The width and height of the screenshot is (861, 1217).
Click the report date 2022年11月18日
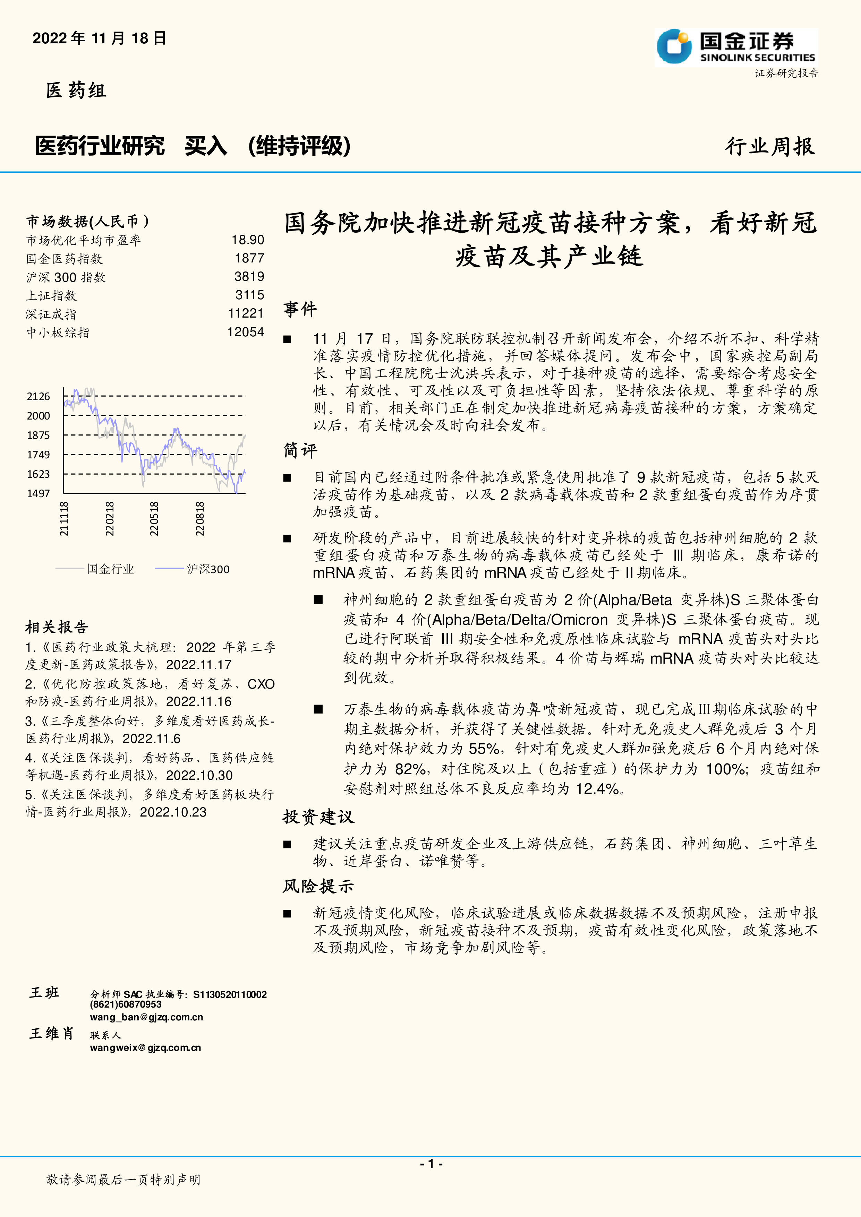(100, 38)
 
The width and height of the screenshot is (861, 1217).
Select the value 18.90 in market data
(248, 240)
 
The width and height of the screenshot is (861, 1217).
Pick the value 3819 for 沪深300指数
(249, 277)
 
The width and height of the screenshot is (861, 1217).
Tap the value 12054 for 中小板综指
(246, 333)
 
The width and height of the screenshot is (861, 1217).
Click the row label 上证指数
(51, 296)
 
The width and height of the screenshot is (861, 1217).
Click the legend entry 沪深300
(208, 569)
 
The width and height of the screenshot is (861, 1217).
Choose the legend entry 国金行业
(110, 569)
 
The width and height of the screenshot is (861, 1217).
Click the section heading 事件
(300, 309)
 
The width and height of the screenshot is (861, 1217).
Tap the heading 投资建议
(318, 817)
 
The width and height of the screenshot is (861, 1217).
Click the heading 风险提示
(318, 886)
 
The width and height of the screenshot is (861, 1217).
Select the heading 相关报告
(57, 628)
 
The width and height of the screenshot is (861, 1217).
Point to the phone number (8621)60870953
(126, 1004)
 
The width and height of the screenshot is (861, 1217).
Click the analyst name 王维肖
(51, 1034)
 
